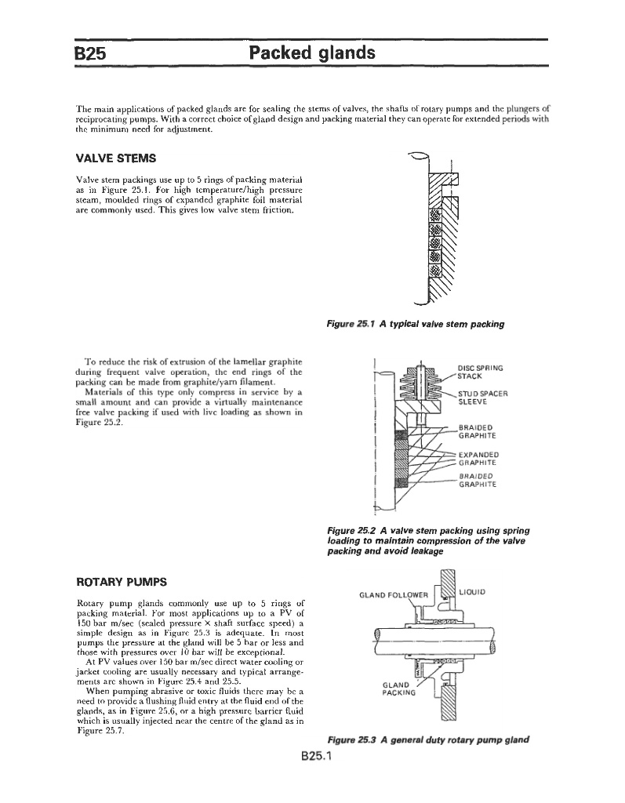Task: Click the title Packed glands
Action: coord(311,53)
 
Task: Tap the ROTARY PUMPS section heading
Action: coord(120,583)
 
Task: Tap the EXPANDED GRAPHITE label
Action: coord(480,456)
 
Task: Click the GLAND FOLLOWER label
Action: coord(391,594)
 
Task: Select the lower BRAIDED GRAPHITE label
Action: coord(480,480)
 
